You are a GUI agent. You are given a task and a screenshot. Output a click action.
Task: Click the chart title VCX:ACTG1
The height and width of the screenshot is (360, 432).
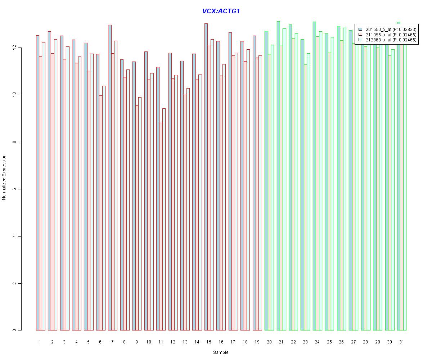[221, 11]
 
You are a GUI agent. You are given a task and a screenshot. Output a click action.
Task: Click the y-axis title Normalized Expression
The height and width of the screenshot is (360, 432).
[4, 177]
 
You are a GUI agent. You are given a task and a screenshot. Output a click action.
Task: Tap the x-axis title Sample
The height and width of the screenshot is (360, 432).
[220, 352]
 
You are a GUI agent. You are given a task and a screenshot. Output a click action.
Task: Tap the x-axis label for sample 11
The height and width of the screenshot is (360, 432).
[161, 342]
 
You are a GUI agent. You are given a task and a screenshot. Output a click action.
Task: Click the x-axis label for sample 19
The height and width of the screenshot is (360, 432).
[257, 342]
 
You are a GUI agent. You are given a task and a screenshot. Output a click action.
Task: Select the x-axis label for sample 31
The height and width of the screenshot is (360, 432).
[401, 342]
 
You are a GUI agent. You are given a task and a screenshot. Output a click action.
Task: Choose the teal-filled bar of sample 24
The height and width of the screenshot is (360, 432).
[314, 176]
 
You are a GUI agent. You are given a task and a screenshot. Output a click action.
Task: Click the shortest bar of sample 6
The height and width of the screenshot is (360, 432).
[101, 213]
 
